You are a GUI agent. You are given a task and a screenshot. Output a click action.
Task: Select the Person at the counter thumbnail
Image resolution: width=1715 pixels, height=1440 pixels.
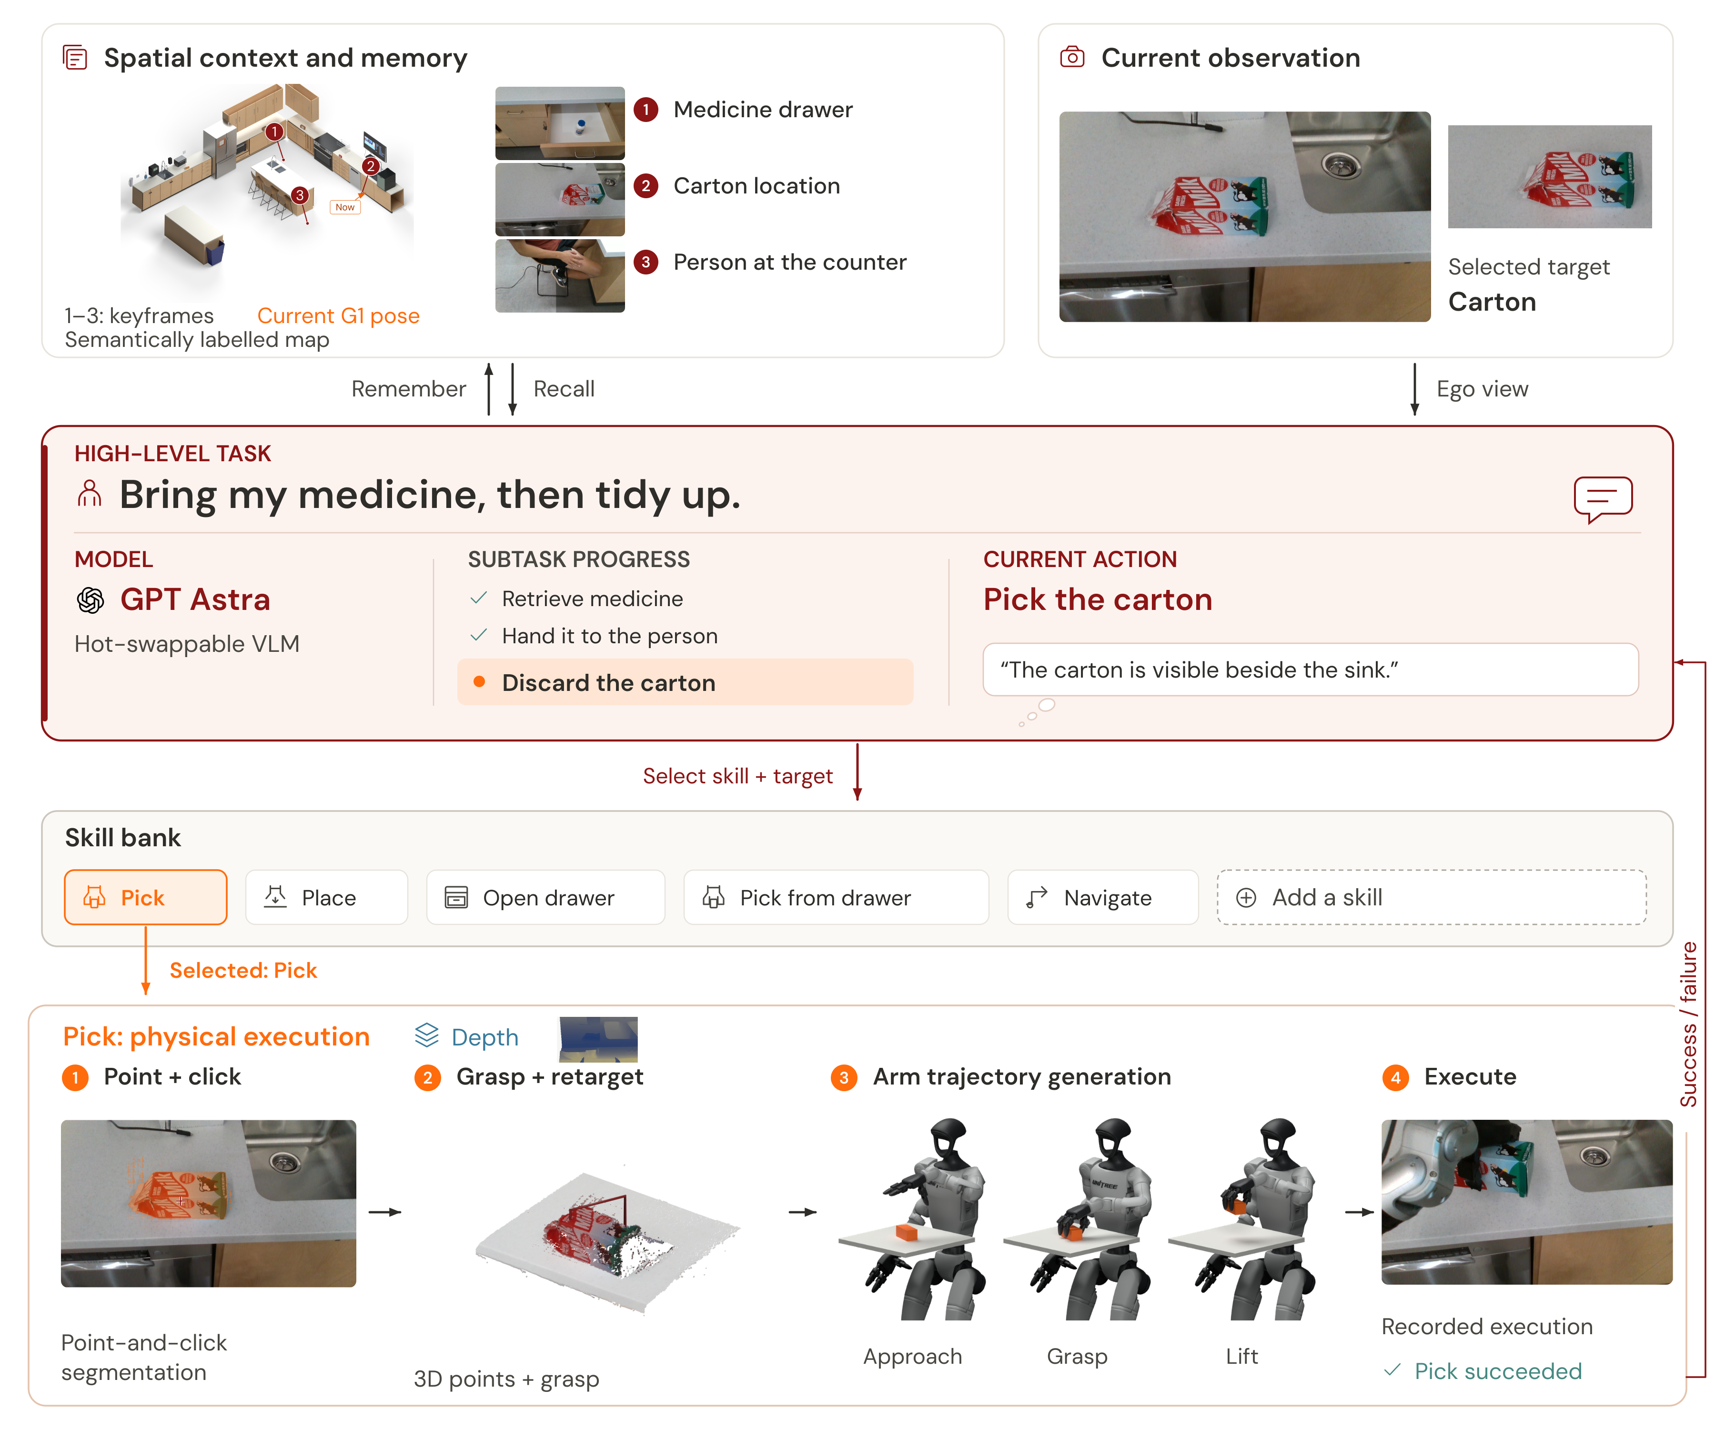[x=560, y=275]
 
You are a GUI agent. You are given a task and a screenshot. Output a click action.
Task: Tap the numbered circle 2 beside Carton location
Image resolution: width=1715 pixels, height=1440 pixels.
[x=646, y=186]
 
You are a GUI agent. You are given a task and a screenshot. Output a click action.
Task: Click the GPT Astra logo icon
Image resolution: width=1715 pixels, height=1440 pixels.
[x=91, y=600]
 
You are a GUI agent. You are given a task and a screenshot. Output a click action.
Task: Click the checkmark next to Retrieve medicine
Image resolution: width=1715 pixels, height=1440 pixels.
[x=479, y=598]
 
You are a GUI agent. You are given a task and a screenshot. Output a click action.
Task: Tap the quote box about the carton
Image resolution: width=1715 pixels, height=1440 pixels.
[x=1311, y=670]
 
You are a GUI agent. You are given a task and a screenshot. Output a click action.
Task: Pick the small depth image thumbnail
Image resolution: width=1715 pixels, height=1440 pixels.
[x=599, y=1039]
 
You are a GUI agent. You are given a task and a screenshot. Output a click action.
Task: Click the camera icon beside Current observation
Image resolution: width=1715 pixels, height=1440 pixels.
[x=1072, y=57]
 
